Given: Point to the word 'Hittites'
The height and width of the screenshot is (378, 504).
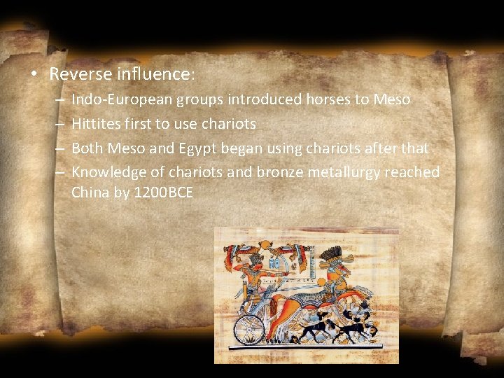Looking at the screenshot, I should (94, 124).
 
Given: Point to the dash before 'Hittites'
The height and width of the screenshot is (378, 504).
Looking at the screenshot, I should (59, 125).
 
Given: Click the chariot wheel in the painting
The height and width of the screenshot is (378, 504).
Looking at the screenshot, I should (250, 328).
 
